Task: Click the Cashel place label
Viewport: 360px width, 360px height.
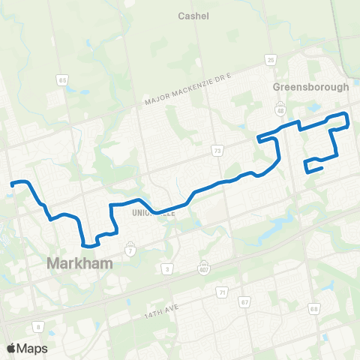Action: [x=193, y=16]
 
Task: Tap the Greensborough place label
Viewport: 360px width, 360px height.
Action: [x=310, y=87]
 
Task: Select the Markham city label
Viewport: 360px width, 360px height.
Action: [x=79, y=263]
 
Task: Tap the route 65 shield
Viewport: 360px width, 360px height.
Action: [x=61, y=79]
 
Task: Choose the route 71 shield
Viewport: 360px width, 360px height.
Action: [x=221, y=292]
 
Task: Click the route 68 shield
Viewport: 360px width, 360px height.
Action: [x=313, y=307]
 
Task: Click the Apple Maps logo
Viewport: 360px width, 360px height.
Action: [x=26, y=348]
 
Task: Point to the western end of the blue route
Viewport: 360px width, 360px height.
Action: [x=11, y=182]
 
